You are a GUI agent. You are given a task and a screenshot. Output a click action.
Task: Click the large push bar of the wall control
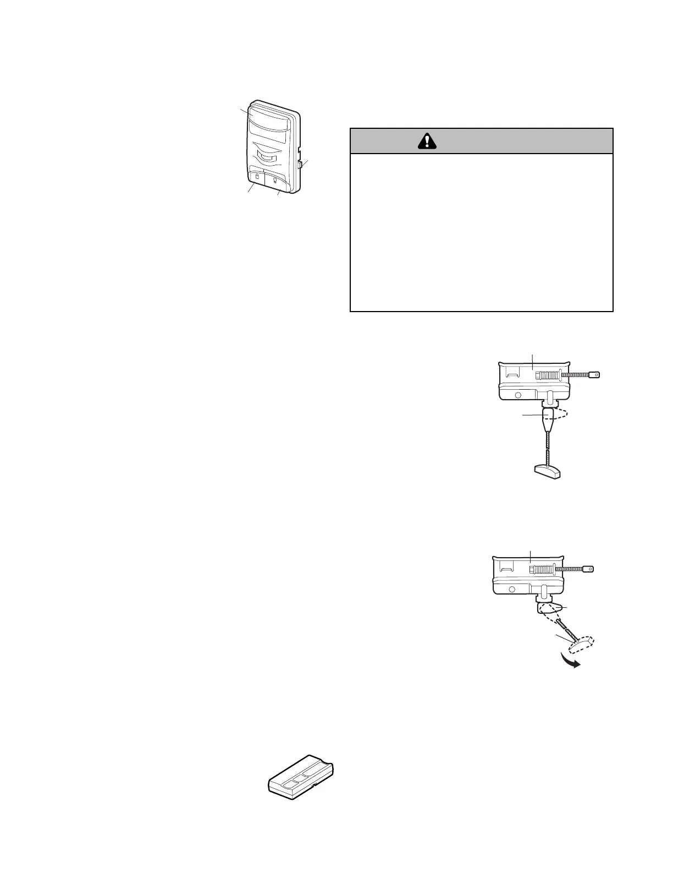(269, 118)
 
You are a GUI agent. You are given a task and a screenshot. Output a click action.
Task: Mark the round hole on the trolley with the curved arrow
(512, 590)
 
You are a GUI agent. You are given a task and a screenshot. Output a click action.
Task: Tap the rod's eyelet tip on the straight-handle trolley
(594, 375)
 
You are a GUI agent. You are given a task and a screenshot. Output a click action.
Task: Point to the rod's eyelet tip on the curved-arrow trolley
(589, 569)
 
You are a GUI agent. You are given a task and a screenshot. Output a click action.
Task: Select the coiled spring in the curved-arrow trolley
(542, 569)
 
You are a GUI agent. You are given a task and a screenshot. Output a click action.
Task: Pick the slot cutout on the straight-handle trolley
(511, 375)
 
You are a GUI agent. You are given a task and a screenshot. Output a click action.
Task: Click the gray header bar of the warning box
(481, 141)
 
